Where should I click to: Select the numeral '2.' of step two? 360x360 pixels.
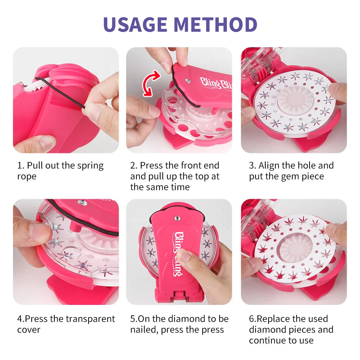pyautogui.click(x=134, y=166)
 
